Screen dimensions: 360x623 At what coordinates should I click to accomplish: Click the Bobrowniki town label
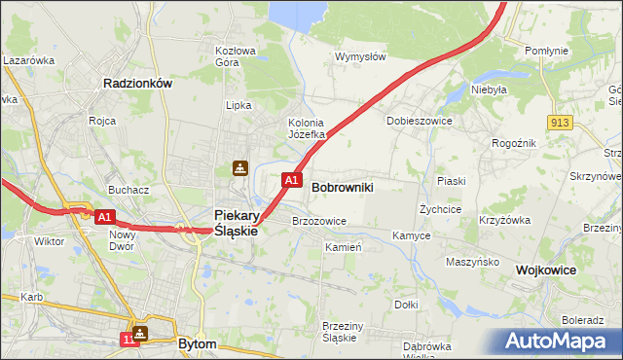coord(342,186)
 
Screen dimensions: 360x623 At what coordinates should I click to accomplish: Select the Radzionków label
coord(137,84)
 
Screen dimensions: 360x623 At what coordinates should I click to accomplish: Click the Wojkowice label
coord(547,270)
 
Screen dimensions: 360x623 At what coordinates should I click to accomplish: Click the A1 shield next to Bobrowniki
coord(291,180)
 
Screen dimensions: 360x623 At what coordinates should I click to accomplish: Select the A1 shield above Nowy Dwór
coord(105,217)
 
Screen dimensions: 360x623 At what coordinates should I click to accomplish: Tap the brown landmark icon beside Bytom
coord(142,334)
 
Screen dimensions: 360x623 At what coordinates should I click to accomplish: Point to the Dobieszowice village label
coord(420,121)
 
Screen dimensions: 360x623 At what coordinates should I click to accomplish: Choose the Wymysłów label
coord(361,56)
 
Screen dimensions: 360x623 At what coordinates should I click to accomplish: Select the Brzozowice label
coord(319,221)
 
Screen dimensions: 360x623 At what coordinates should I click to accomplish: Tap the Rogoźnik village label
coord(513,143)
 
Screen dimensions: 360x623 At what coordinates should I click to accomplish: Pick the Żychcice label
coord(440,209)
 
